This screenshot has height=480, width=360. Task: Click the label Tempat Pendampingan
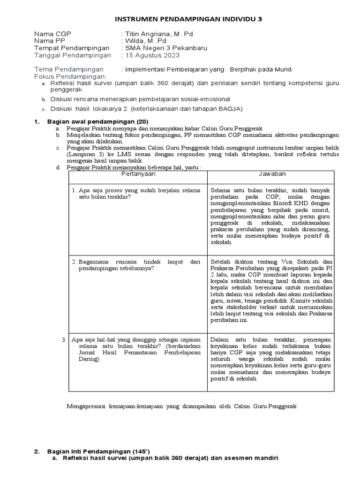pos(71,48)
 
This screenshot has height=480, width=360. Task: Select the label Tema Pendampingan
pos(69,69)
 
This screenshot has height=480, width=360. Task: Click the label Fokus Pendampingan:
pos(70,76)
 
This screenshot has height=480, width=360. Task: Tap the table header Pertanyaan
pos(138,174)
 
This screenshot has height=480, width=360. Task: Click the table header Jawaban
pos(272,174)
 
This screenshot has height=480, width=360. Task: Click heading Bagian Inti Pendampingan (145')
pos(98,451)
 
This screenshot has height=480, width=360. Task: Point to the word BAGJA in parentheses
pos(230,109)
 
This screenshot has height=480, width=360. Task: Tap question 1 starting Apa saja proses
pos(136,194)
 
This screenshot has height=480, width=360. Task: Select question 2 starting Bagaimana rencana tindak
pos(136,265)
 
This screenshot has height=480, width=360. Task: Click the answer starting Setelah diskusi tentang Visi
pos(271,291)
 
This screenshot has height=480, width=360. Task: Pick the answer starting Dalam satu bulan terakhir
pos(271,360)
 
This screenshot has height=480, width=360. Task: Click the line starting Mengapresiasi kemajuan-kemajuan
pos(182,406)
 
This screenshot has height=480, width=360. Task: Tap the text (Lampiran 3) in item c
pos(83,153)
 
